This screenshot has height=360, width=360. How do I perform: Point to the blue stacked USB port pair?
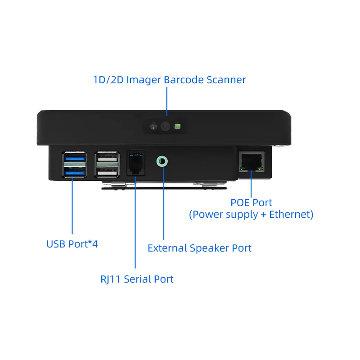(74, 165)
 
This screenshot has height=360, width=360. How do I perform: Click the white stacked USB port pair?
(108, 165)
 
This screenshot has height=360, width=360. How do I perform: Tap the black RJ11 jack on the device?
(136, 162)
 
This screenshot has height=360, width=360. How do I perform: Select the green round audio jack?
(162, 161)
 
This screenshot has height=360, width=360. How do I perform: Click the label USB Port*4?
(72, 244)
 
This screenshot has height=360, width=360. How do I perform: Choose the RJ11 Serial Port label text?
(137, 279)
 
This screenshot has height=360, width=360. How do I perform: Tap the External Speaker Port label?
(199, 248)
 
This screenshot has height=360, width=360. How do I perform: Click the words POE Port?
(251, 203)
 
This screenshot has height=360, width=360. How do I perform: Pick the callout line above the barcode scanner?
(166, 101)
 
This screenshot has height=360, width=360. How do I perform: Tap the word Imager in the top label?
(143, 80)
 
